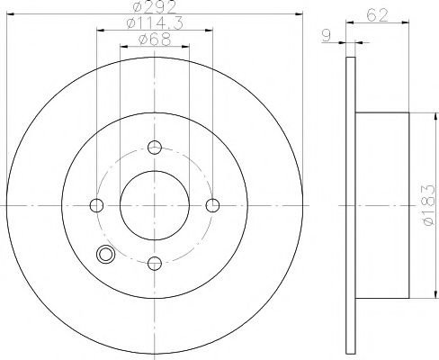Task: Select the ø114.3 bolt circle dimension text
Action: coord(155,23)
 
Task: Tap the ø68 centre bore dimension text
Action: coord(155,40)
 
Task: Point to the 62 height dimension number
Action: coord(377,15)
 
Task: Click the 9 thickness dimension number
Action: coord(326,36)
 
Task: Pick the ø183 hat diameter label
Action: coord(428,205)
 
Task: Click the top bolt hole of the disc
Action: coord(155,148)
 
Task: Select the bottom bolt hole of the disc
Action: coord(155,264)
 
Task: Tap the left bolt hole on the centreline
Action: coord(96,205)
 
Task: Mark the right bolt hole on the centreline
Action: coord(212,205)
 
